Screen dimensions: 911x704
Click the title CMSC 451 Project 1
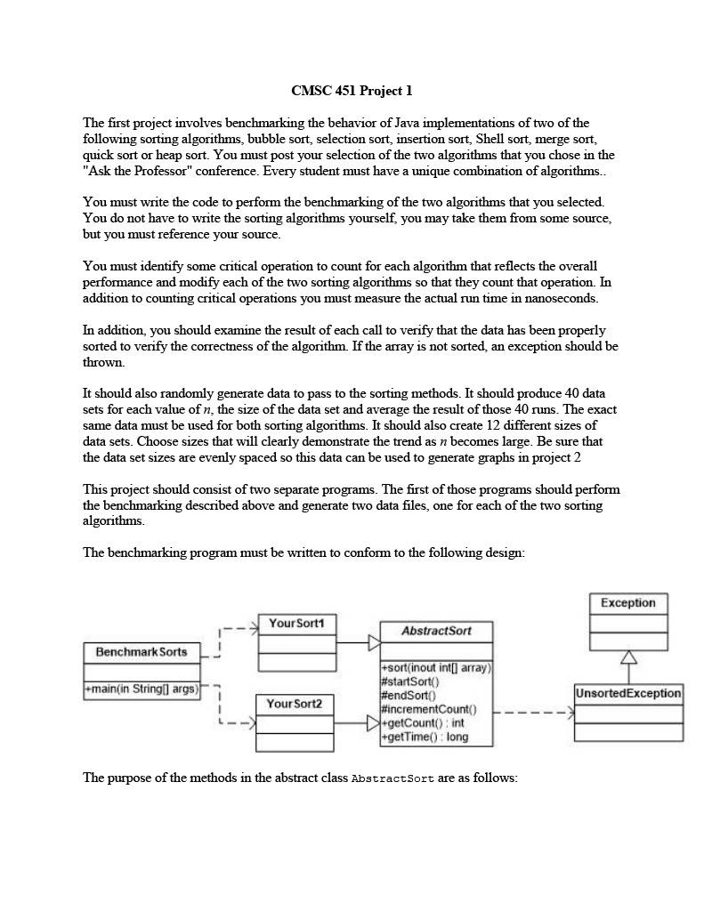[352, 91]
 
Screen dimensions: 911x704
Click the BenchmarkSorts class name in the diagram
[142, 652]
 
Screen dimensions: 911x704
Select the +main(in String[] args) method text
[142, 689]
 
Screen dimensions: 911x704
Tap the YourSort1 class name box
[296, 624]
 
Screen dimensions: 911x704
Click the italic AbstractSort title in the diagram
[436, 631]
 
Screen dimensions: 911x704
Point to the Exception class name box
[627, 603]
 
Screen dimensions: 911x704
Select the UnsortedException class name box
[628, 693]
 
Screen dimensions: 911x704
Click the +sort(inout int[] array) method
[435, 667]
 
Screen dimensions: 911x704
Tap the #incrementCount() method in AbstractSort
[428, 709]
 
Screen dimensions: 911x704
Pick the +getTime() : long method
[424, 737]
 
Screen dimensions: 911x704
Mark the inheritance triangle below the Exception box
[628, 657]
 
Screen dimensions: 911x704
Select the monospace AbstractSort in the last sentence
[392, 778]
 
